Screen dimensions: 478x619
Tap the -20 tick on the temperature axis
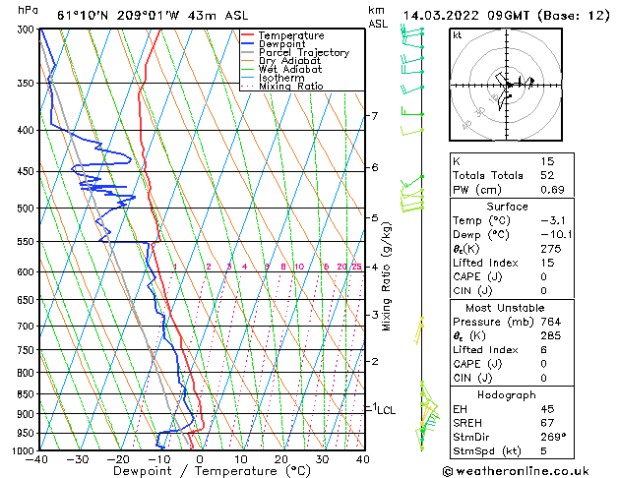point(118,459)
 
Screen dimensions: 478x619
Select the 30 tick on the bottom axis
point(322,459)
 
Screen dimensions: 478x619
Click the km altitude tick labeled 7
point(374,116)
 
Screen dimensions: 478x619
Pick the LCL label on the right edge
point(387,410)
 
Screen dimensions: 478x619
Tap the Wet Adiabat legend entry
point(288,70)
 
